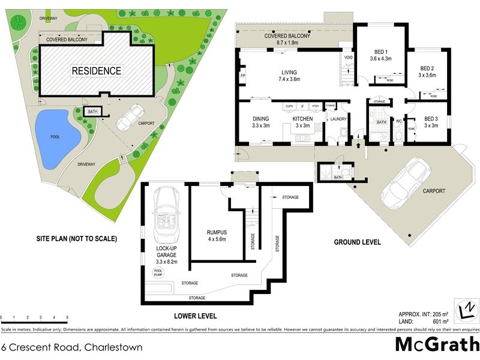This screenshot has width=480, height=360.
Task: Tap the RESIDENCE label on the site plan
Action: pos(97,71)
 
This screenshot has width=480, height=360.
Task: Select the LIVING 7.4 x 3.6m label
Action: pos(288,76)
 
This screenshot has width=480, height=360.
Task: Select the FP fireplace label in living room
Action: pos(242,77)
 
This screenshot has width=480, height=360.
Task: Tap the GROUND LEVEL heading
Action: pos(358,242)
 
